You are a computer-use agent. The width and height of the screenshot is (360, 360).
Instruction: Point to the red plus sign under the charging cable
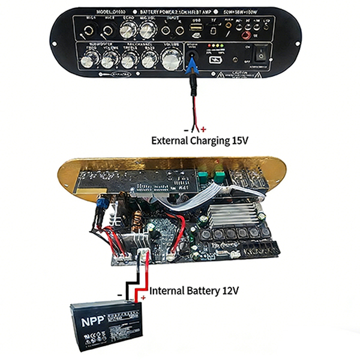203,129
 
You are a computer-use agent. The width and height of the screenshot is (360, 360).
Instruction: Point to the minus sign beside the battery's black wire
120,295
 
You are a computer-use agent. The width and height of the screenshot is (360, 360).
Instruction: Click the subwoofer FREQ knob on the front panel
91,59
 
